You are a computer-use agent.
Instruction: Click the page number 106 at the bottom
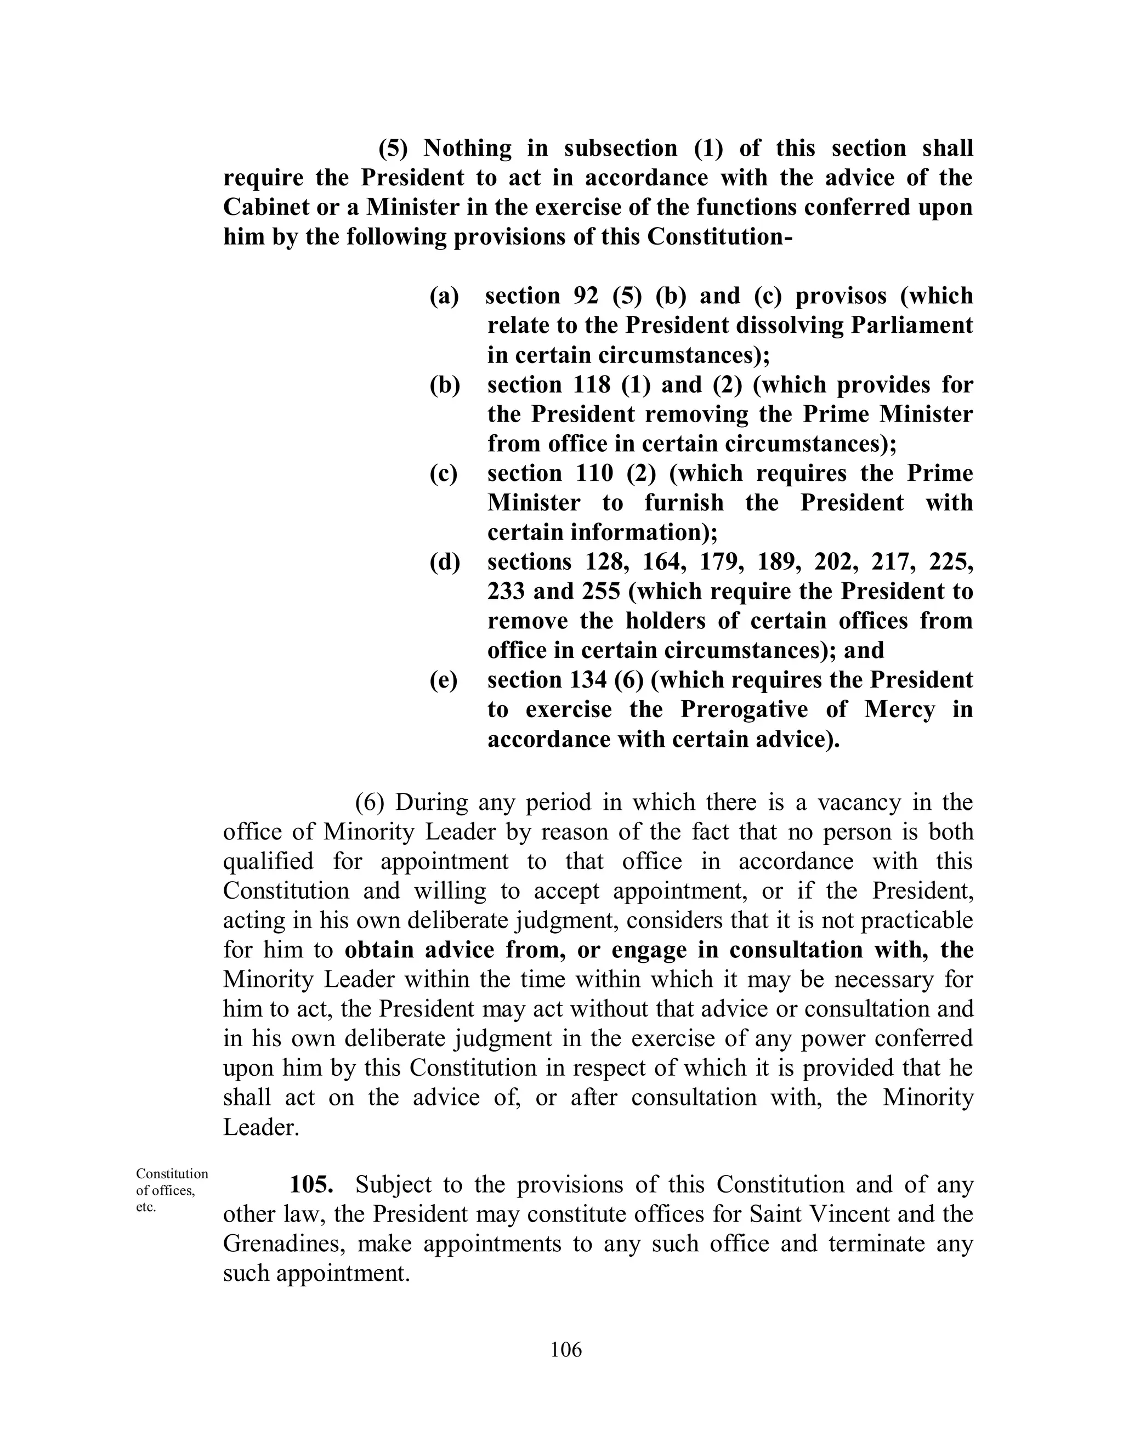(566, 1349)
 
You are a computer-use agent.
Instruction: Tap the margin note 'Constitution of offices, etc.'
(172, 1190)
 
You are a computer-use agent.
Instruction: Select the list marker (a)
(444, 296)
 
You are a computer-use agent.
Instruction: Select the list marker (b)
(444, 385)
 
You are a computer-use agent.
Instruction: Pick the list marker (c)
(444, 474)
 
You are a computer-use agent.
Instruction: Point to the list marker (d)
(444, 563)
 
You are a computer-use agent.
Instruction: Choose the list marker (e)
(444, 680)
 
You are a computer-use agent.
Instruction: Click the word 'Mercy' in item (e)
(899, 709)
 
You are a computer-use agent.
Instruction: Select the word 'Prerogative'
(744, 709)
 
